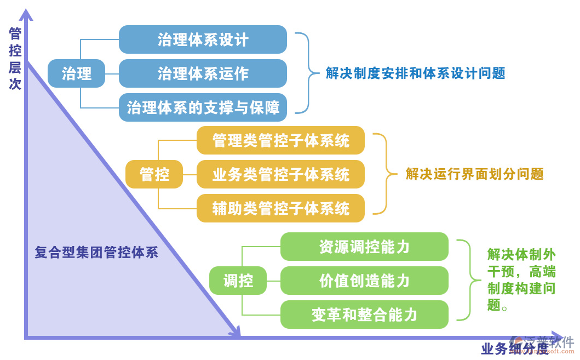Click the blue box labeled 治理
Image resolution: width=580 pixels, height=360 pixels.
76,73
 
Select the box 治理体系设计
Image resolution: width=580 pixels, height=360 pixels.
203,39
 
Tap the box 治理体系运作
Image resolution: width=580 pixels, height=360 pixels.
203,73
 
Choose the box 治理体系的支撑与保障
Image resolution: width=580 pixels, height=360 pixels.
203,107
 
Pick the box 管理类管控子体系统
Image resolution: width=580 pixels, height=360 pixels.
280,140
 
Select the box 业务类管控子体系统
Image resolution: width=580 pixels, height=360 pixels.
280,174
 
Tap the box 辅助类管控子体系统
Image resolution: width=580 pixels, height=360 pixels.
280,208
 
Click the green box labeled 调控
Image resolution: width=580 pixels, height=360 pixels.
238,281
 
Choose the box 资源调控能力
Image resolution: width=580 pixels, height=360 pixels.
364,247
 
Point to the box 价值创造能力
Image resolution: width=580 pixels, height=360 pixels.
364,281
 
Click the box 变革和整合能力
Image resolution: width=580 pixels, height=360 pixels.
364,315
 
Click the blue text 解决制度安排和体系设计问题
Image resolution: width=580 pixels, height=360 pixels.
415,73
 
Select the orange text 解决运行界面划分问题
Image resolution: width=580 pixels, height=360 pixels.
474,174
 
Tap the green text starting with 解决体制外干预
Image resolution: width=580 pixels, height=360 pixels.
521,279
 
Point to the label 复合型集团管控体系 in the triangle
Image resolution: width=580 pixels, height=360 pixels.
96,253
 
